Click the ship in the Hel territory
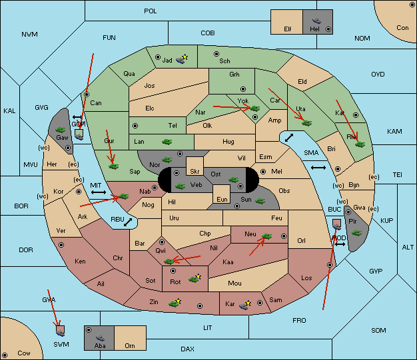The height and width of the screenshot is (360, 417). tap(316, 21)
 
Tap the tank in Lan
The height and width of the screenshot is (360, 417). tap(167, 142)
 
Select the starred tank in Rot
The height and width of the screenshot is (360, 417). tap(195, 278)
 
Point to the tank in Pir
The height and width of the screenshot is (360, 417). tap(356, 233)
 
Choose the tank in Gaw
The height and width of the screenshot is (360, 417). tap(61, 129)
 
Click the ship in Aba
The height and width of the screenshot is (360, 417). tap(101, 338)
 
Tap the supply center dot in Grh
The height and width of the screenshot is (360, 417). tap(243, 89)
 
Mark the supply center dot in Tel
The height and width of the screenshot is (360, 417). tap(135, 125)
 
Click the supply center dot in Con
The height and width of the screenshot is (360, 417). tap(411, 5)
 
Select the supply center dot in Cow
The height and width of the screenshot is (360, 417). tap(5, 355)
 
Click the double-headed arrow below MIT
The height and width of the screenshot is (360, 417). tap(99, 192)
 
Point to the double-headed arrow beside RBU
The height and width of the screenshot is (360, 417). tap(128, 222)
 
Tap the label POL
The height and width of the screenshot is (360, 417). tap(151, 11)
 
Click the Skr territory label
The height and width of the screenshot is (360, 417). tap(195, 172)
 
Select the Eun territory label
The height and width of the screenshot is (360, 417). tap(222, 199)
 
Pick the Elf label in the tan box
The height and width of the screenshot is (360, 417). tap(288, 29)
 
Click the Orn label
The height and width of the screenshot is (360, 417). tap(130, 345)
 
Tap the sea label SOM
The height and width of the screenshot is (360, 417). tap(378, 330)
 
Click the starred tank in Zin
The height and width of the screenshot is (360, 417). tap(175, 303)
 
